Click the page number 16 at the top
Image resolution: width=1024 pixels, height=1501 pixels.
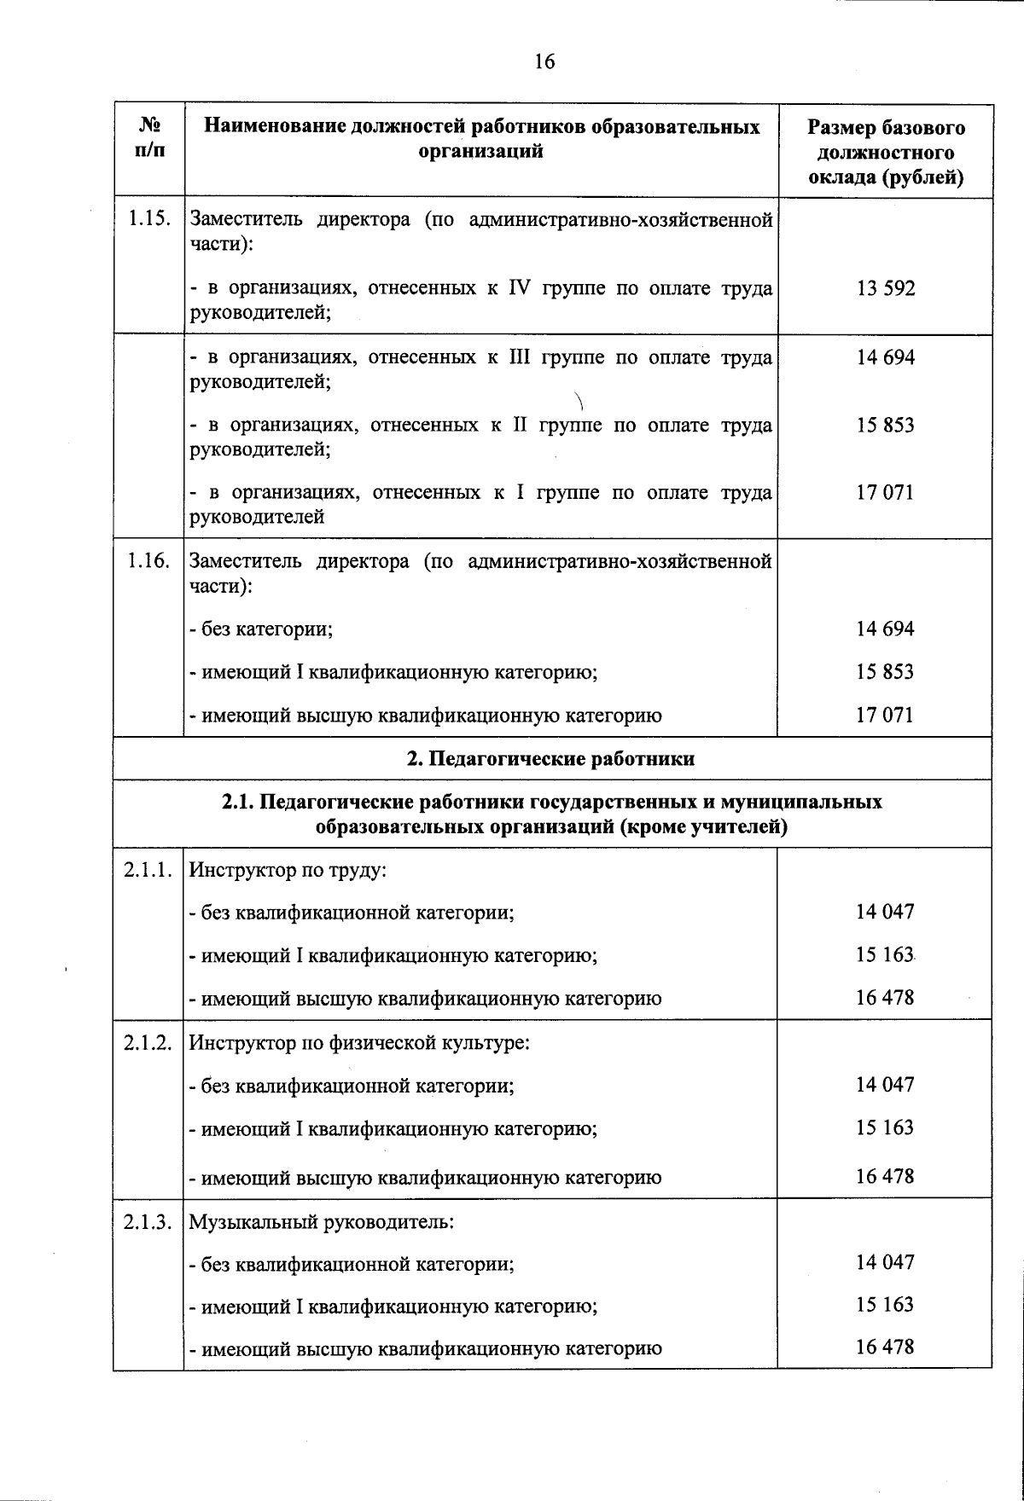(x=544, y=61)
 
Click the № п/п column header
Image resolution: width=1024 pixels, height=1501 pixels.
(x=150, y=137)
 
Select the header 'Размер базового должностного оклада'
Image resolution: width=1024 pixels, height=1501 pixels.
(x=886, y=152)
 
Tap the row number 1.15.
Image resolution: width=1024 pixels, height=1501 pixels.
(x=149, y=219)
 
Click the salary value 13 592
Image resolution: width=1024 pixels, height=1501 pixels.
(x=886, y=288)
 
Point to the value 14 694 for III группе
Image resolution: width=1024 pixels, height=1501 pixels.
(x=886, y=357)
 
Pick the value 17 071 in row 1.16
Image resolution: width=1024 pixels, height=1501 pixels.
(x=885, y=715)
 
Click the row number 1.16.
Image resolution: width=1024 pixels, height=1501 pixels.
(x=149, y=561)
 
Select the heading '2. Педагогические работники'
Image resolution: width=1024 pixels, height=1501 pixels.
(x=550, y=758)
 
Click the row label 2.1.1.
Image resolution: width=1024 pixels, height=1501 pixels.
(x=149, y=870)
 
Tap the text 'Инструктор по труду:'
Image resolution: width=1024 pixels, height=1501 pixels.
(x=288, y=871)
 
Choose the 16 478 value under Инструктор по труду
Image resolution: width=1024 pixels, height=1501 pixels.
(x=885, y=997)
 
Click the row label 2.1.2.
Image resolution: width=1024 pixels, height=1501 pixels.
(x=149, y=1043)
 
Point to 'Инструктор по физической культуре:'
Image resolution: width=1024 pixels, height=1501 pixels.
(x=359, y=1043)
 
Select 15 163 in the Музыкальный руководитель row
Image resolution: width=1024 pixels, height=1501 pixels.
(x=885, y=1304)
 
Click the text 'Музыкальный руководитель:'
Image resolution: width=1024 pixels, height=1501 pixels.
(x=321, y=1221)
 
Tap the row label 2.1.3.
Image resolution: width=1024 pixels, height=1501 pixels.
(x=149, y=1221)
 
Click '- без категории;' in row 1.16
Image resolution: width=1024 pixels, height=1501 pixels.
(x=261, y=629)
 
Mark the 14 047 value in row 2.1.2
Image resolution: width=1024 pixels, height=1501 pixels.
(x=885, y=1085)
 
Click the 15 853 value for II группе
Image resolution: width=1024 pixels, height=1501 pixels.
(x=886, y=425)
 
